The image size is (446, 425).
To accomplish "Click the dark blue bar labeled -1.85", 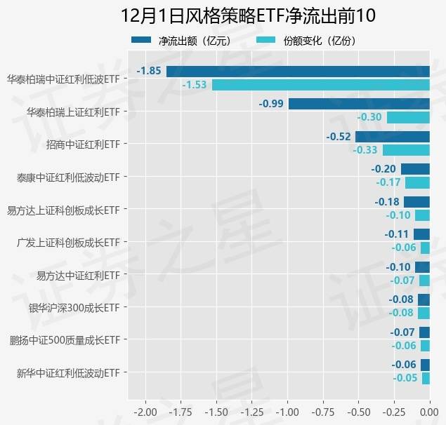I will (298, 71).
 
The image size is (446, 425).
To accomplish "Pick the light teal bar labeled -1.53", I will (320, 85).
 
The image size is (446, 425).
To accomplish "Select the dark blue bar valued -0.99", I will (359, 104).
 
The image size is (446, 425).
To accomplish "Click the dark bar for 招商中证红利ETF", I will (392, 137).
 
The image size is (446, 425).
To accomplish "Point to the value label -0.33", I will (365, 150).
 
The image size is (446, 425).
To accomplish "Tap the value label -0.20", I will (383, 169).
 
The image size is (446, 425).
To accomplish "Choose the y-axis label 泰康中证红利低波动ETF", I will (68, 177).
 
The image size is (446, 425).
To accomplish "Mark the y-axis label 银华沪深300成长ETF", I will (74, 307).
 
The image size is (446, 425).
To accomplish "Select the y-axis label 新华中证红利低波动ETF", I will (68, 372).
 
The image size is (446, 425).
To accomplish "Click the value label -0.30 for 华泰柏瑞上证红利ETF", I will (369, 118).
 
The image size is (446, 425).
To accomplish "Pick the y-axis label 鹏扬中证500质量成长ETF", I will (65, 340).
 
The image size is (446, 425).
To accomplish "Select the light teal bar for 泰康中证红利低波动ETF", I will (417, 182).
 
